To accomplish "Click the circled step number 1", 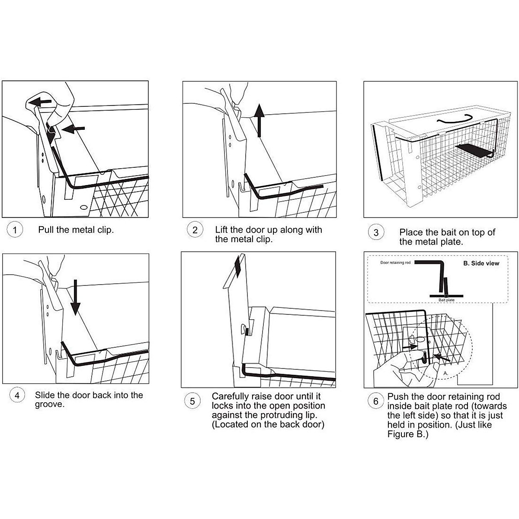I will (x=15, y=230).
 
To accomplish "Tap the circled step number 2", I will (x=195, y=230).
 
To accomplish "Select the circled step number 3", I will (x=376, y=233).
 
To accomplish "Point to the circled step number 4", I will (x=17, y=395).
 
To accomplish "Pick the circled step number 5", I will (x=192, y=401).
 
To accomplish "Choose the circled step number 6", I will (x=376, y=401).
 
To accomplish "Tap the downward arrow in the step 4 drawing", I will (x=76, y=297).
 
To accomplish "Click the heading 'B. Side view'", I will (x=481, y=263).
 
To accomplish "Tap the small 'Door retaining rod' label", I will (x=395, y=263).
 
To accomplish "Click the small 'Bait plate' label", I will (x=446, y=300).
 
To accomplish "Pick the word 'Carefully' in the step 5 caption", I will (x=229, y=396).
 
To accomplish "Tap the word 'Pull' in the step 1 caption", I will (x=46, y=230).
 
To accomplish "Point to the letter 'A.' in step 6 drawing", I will (x=445, y=372).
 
